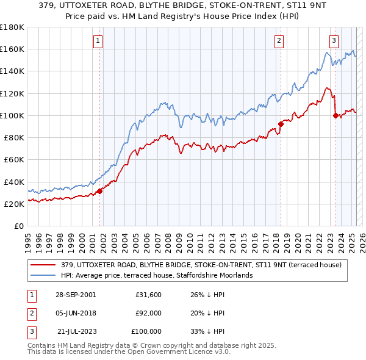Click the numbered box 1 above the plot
[98, 41]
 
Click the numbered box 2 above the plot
[279, 41]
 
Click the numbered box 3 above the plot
[334, 41]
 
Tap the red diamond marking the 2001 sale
[100, 190]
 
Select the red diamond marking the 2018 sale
[281, 124]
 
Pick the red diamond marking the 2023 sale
[335, 115]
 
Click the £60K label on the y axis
[13, 159]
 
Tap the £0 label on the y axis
[18, 226]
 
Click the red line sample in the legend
[43, 265]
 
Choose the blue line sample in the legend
[43, 275]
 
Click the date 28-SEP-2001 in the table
[76, 295]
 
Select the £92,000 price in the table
[148, 313]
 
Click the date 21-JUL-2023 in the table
[76, 331]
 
